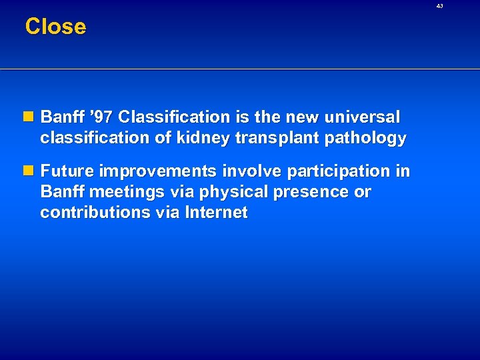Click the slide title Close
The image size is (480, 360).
[55, 27]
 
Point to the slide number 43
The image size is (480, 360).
[439, 6]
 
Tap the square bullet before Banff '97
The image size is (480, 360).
[31, 117]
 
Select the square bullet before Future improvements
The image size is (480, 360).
[31, 171]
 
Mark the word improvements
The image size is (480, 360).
[157, 172]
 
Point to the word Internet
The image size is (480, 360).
[217, 213]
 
